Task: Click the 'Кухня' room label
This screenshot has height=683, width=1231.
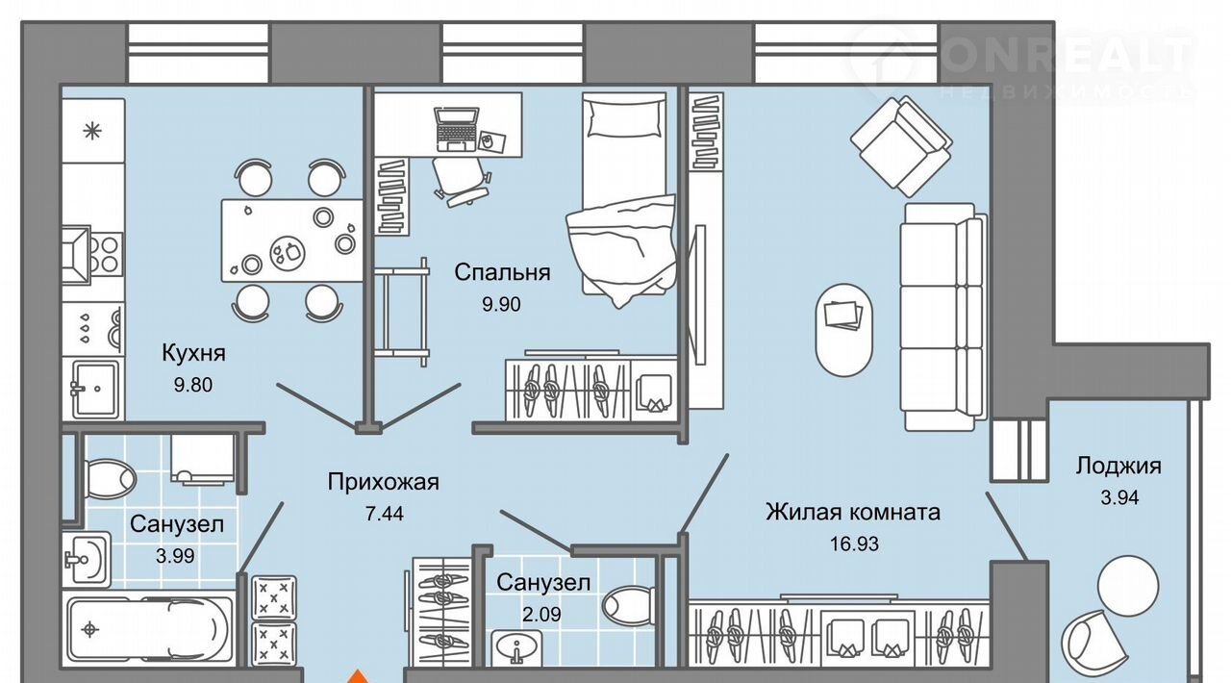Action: point(193,353)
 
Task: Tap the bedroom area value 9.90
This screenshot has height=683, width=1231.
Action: point(502,305)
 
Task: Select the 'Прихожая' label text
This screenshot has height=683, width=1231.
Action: point(383,482)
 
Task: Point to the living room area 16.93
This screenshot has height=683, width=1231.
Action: point(854,544)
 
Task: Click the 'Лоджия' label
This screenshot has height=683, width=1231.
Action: point(1118,467)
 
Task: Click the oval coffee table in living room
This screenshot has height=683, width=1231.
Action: point(845,328)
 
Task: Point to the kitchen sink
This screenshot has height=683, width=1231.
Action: point(94,389)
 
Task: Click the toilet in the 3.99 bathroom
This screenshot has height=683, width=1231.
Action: point(108,477)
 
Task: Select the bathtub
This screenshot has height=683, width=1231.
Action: point(149,629)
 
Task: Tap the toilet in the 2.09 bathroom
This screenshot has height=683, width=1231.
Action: point(624,606)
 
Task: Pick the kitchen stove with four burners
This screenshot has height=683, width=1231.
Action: point(93,250)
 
